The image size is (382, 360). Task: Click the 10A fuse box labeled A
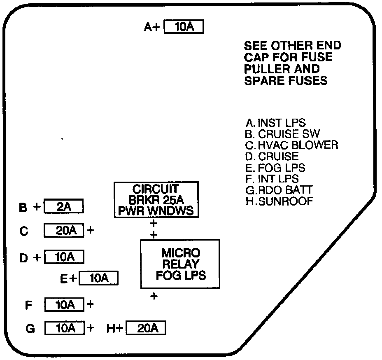coord(184,27)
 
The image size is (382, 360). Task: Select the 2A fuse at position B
coord(64,207)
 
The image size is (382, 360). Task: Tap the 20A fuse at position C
coord(64,231)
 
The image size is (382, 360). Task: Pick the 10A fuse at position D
coord(64,257)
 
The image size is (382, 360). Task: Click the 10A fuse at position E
coord(98,278)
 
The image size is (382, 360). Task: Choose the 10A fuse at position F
coord(64,305)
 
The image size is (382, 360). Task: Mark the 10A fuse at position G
coord(64,328)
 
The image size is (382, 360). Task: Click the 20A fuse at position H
coord(146,328)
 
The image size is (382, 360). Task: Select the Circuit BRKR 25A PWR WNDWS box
coord(156,200)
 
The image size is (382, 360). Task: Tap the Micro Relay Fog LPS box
coord(180,264)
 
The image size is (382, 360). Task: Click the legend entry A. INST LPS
coord(275,123)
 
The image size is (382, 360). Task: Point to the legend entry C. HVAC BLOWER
coord(291,145)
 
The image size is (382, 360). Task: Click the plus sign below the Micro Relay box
coord(154,296)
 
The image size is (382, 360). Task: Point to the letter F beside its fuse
coord(28,305)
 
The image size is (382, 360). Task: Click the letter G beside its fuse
coord(30,329)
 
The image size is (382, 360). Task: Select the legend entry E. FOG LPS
coord(275,168)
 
